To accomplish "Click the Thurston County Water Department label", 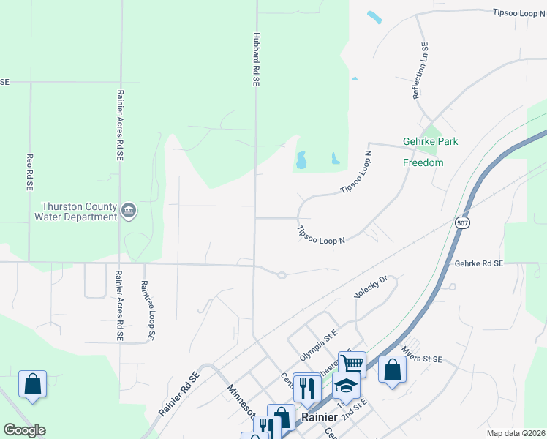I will tap(75, 211).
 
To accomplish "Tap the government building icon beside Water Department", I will tap(129, 211).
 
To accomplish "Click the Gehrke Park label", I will tap(430, 141).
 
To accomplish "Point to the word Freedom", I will tap(423, 162).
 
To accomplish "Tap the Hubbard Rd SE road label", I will tap(256, 60).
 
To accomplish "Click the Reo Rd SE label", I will tap(30, 172).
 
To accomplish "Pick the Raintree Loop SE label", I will tap(148, 310).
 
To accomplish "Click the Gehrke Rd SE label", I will tap(478, 263).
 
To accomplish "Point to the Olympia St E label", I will tap(317, 345).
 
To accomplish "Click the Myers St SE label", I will tap(423, 359).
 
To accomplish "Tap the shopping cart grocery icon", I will tap(352, 362).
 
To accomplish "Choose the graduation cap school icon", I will tap(346, 385).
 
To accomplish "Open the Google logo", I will tap(24, 430).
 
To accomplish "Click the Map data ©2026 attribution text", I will tap(515, 433).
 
